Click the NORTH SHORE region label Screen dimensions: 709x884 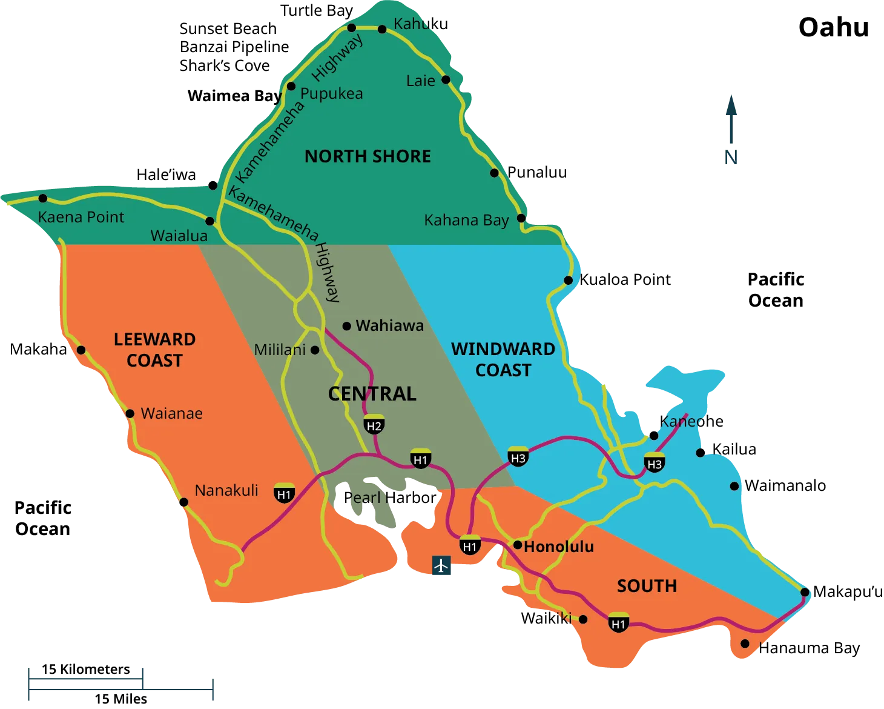368,156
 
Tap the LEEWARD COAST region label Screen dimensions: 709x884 154,350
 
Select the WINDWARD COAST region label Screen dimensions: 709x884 503,359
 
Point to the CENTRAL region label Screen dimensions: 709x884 372,394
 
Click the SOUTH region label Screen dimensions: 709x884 647,586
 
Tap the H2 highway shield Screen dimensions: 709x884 374,425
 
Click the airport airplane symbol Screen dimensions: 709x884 442,565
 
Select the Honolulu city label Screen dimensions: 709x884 558,547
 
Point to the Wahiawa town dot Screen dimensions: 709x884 347,326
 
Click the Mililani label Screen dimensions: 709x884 280,350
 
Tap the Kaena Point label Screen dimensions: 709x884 81,217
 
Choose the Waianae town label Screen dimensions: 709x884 171,413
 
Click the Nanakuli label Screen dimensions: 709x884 226,490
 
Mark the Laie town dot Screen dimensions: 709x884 446,79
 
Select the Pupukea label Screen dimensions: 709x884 331,93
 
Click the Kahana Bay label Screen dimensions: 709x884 466,220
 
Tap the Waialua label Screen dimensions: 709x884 179,236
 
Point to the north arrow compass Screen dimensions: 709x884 731,128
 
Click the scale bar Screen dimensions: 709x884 121,685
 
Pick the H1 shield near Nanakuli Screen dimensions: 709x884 284,493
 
